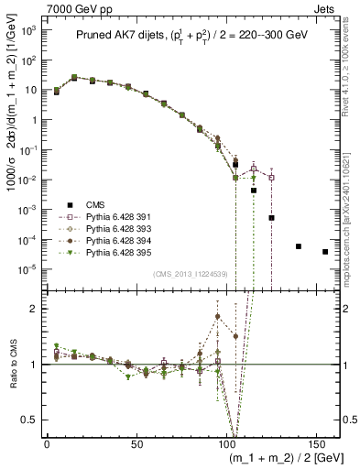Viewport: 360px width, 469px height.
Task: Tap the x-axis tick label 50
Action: (136, 443)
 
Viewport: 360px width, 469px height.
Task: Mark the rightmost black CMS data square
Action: (325, 252)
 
